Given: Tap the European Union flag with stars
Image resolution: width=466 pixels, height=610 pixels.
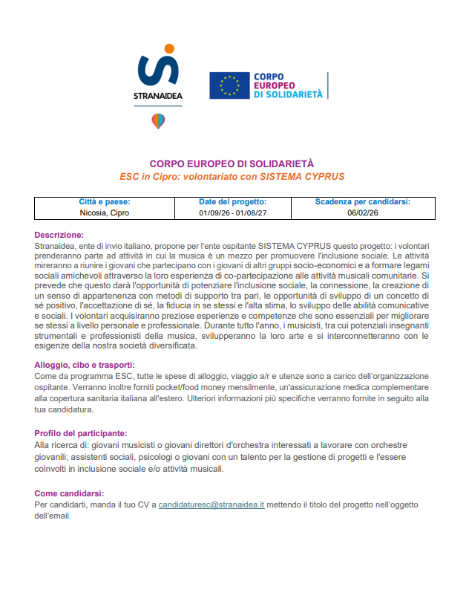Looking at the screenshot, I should pyautogui.click(x=229, y=85).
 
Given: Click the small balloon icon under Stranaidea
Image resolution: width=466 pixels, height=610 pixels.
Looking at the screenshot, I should pyautogui.click(x=158, y=120).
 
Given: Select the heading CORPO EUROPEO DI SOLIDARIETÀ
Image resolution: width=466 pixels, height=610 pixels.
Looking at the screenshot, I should pyautogui.click(x=232, y=164).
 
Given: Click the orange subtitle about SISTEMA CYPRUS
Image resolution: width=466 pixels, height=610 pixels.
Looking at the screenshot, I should pyautogui.click(x=232, y=177).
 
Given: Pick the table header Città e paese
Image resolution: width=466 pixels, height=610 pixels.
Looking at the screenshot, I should pyautogui.click(x=105, y=201).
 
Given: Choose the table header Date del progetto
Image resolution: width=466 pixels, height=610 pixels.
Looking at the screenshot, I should pyautogui.click(x=232, y=201).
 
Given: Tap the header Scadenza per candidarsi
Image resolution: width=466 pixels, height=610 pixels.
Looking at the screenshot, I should pyautogui.click(x=362, y=201).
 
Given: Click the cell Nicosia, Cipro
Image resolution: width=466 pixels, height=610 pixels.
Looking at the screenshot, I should pyautogui.click(x=105, y=212).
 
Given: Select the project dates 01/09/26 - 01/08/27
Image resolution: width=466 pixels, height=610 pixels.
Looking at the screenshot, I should pyautogui.click(x=232, y=212).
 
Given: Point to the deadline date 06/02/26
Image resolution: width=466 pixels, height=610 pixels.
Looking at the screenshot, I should pyautogui.click(x=362, y=212).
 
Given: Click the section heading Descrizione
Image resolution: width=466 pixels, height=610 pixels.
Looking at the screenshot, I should pyautogui.click(x=59, y=235).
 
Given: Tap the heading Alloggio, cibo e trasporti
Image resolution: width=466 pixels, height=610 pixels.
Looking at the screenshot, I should pyautogui.click(x=85, y=365).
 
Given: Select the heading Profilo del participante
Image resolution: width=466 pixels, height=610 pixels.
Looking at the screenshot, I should pyautogui.click(x=80, y=433).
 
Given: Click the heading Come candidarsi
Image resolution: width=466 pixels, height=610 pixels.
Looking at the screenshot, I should pyautogui.click(x=69, y=493).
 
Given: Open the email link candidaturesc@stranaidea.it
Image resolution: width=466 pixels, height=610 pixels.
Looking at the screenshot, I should pyautogui.click(x=211, y=504).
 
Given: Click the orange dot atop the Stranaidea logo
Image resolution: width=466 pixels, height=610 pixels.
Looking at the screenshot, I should pyautogui.click(x=169, y=49).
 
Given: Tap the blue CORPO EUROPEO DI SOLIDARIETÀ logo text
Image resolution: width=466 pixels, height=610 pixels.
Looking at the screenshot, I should pyautogui.click(x=288, y=85).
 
